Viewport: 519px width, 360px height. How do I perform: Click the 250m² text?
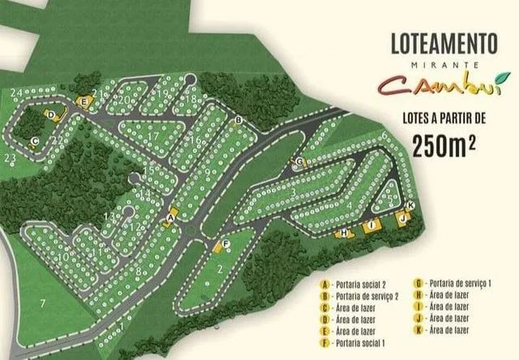[x=443, y=147]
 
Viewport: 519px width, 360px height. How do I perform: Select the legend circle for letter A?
[x=325, y=285]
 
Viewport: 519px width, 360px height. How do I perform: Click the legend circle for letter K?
[x=418, y=330]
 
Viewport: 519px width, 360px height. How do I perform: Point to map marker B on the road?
[x=238, y=122]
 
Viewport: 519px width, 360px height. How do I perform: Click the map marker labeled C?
[x=35, y=140]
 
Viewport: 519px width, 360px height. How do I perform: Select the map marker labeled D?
[x=51, y=115]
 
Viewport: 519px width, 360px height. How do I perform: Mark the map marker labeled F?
[x=225, y=242]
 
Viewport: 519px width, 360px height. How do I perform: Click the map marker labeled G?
[x=300, y=162]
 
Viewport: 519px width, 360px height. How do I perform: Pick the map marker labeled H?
[x=344, y=233]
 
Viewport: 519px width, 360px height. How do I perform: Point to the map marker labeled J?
[x=401, y=218]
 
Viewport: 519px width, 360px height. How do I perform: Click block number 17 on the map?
[x=152, y=136]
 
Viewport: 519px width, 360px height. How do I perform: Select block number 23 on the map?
[x=11, y=157]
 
